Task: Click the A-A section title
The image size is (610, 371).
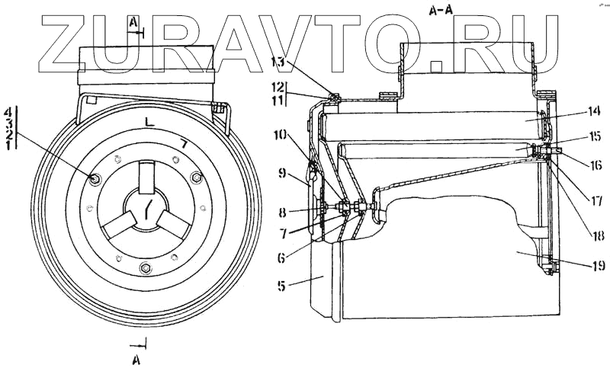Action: click(x=438, y=10)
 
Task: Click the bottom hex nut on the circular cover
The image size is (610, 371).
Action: click(x=145, y=268)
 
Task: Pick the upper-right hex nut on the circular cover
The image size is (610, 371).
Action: click(x=196, y=178)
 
